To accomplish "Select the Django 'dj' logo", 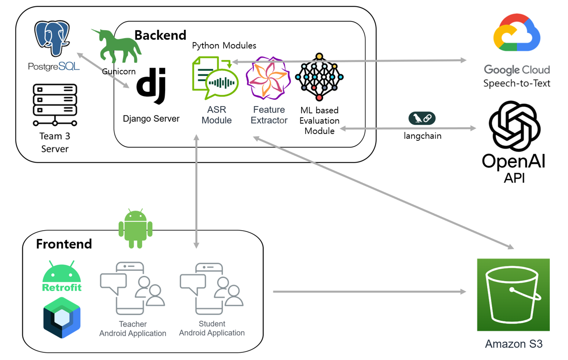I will [151, 85].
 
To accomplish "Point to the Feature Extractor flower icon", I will [268, 78].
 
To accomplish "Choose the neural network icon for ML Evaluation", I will [319, 77].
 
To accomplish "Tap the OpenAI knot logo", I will [515, 126].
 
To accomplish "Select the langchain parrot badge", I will [422, 118].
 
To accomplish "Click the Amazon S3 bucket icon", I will [513, 294].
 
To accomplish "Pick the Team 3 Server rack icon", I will [55, 105].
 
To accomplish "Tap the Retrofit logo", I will [61, 277].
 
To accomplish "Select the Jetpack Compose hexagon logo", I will [62, 318].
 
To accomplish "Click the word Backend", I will [160, 35].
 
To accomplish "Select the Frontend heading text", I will [64, 244].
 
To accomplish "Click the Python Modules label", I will [224, 46].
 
